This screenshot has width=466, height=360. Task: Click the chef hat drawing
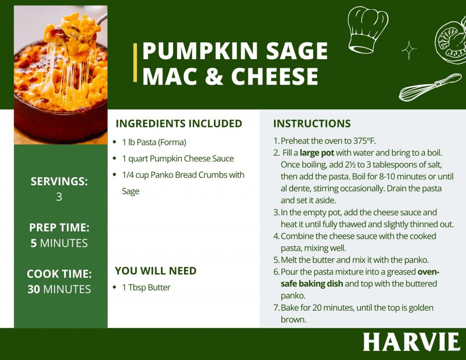click(x=367, y=30)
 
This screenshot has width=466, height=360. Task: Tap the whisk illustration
click(x=430, y=87)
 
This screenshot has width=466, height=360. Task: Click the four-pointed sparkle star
click(x=409, y=50)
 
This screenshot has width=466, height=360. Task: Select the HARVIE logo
click(x=411, y=342)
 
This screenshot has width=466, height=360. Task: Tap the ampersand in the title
click(x=214, y=76)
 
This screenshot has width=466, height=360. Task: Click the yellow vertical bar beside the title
click(x=135, y=62)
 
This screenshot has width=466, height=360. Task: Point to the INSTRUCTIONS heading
click(x=312, y=124)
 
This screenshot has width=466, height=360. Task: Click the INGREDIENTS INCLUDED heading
click(x=179, y=124)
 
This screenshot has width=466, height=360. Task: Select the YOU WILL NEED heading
click(x=156, y=271)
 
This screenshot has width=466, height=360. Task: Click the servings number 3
click(x=59, y=197)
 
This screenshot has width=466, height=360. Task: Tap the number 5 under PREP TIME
click(x=34, y=243)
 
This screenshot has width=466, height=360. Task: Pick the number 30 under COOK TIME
click(x=34, y=289)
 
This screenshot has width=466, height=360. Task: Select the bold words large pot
click(x=317, y=153)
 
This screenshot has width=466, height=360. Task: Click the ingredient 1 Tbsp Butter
click(x=146, y=288)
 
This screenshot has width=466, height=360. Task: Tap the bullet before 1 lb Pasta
click(x=114, y=142)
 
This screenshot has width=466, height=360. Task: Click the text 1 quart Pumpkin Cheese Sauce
click(x=178, y=159)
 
